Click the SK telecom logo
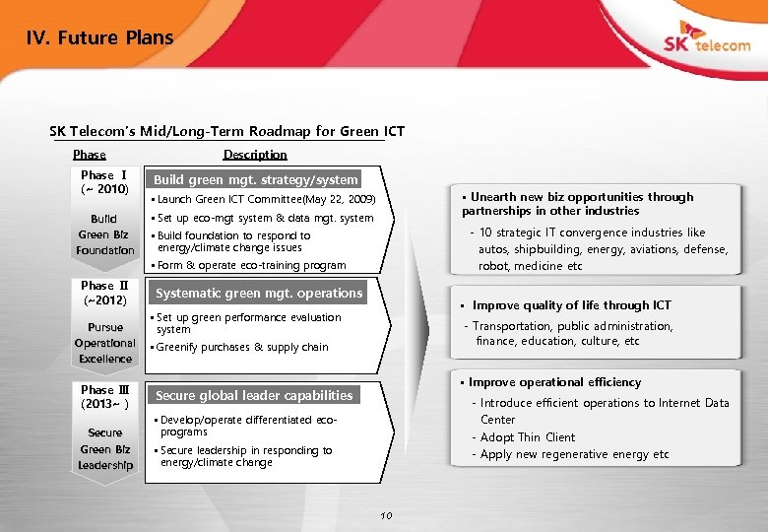705,43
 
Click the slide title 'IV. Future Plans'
99,38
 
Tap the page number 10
386,515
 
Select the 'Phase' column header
90,155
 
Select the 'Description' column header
255,155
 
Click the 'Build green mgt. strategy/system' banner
256,179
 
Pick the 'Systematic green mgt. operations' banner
259,293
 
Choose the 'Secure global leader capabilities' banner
254,395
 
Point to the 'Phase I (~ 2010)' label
104,182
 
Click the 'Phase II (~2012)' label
104,293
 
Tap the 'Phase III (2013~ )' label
104,396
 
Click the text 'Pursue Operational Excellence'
104,343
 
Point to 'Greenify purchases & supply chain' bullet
241,347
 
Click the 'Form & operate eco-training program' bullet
250,265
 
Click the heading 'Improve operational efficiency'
554,382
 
